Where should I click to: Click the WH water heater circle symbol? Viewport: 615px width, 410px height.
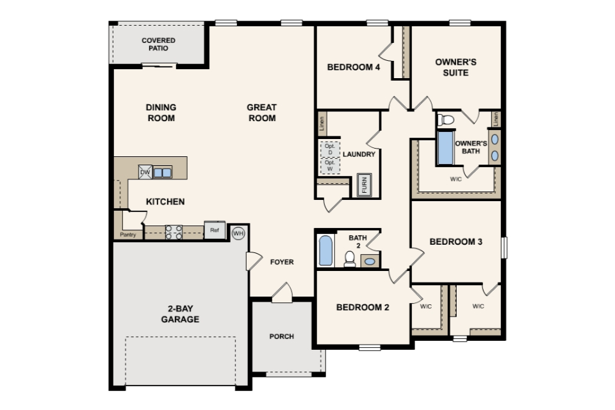238,233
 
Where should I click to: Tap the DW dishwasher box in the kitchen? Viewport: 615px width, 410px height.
145,172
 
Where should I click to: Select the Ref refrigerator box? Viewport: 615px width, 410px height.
215,231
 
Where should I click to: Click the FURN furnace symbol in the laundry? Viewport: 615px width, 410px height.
364,184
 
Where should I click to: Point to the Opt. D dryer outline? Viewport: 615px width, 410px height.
330,149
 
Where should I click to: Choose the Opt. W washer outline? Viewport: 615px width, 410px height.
330,165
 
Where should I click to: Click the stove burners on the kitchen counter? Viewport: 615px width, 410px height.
174,233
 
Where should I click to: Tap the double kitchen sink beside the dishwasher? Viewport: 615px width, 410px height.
162,172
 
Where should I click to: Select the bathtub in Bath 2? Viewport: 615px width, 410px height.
325,250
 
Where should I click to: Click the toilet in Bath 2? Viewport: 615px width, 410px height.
350,259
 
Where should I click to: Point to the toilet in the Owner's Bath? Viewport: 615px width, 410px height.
446,119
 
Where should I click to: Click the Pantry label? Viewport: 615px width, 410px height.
128,234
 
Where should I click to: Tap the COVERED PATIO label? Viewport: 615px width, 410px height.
158,44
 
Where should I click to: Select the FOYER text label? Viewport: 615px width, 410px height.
282,261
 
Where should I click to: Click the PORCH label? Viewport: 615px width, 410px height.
282,336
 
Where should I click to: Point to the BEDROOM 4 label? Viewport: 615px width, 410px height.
354,67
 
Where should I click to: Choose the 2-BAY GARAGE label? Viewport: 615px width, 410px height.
180,314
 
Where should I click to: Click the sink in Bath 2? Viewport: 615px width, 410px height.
370,261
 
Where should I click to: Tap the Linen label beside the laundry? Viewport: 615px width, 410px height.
322,124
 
